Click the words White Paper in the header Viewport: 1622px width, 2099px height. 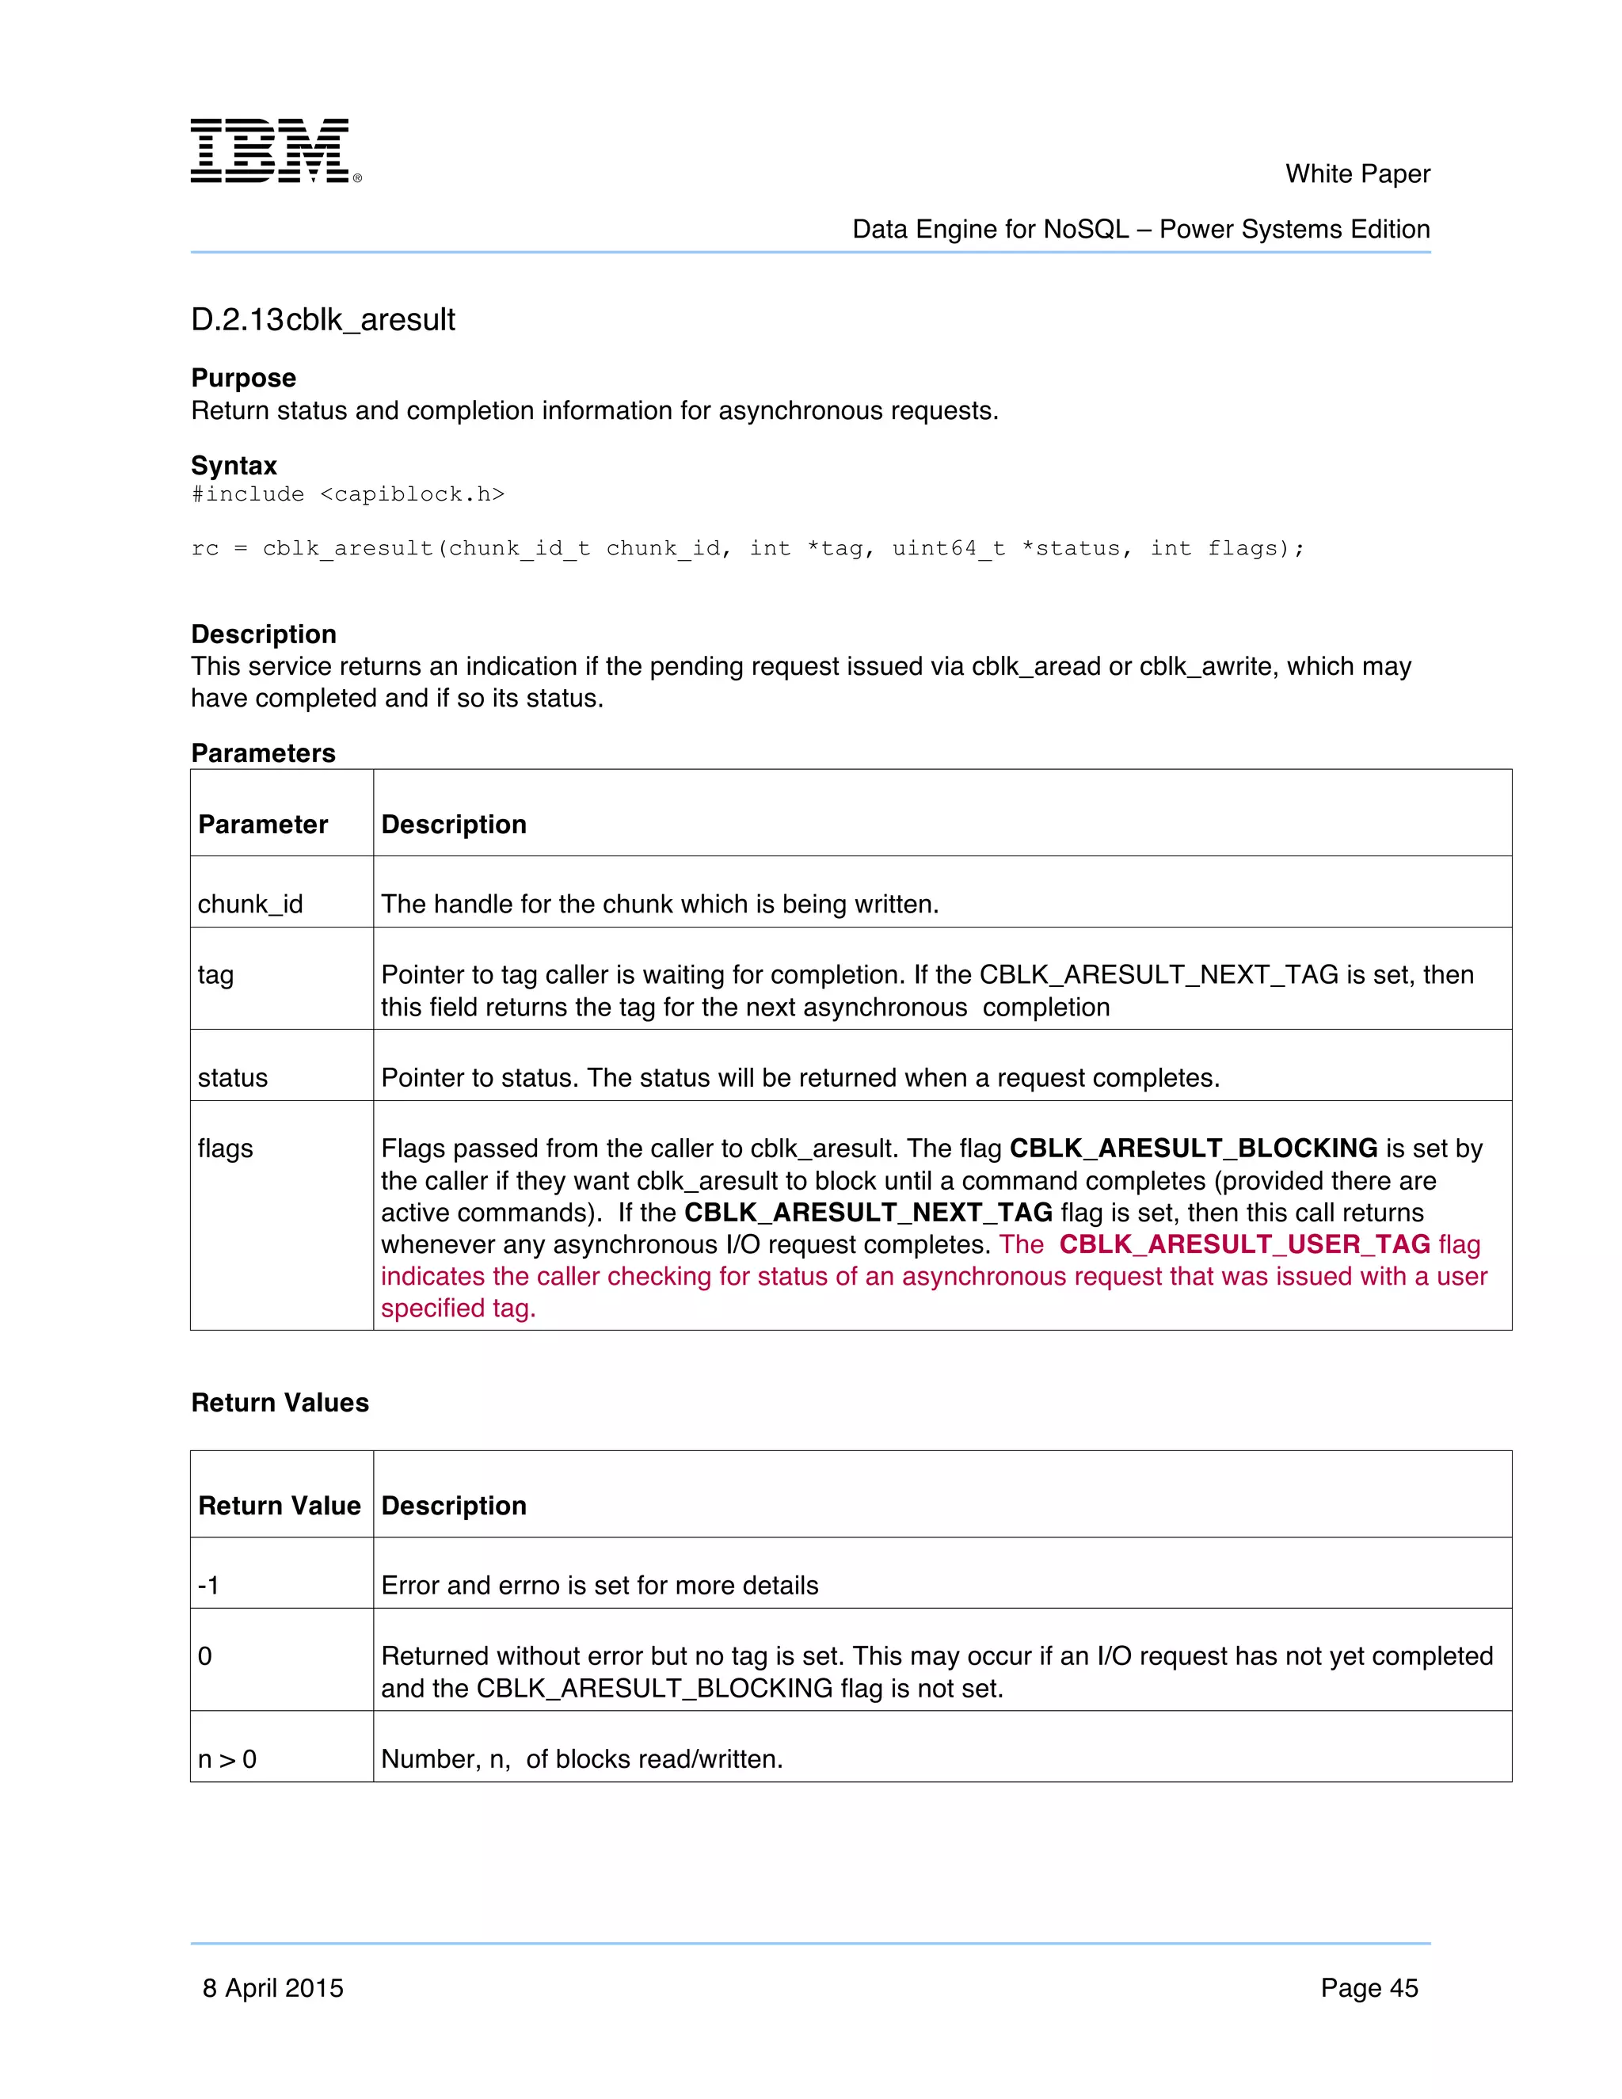tap(1357, 174)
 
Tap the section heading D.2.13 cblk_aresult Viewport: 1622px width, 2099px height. tap(323, 319)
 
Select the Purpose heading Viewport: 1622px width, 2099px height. tap(243, 378)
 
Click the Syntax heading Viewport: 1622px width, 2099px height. tap(234, 465)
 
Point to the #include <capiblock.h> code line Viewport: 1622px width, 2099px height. tap(348, 494)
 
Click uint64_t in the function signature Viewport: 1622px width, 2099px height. tap(947, 549)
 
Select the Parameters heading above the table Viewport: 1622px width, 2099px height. tap(263, 752)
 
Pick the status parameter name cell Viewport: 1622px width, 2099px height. tap(233, 1077)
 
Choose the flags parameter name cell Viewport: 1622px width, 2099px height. tap(225, 1149)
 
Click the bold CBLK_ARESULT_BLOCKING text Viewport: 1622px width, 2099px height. tap(1193, 1149)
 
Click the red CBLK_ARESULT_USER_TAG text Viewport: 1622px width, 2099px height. tap(1244, 1244)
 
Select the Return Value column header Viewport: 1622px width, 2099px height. tap(279, 1505)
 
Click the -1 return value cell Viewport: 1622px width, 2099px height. tap(208, 1585)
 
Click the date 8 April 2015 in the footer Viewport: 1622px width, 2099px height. tap(273, 1987)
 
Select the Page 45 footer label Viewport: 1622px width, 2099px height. tap(1369, 1987)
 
